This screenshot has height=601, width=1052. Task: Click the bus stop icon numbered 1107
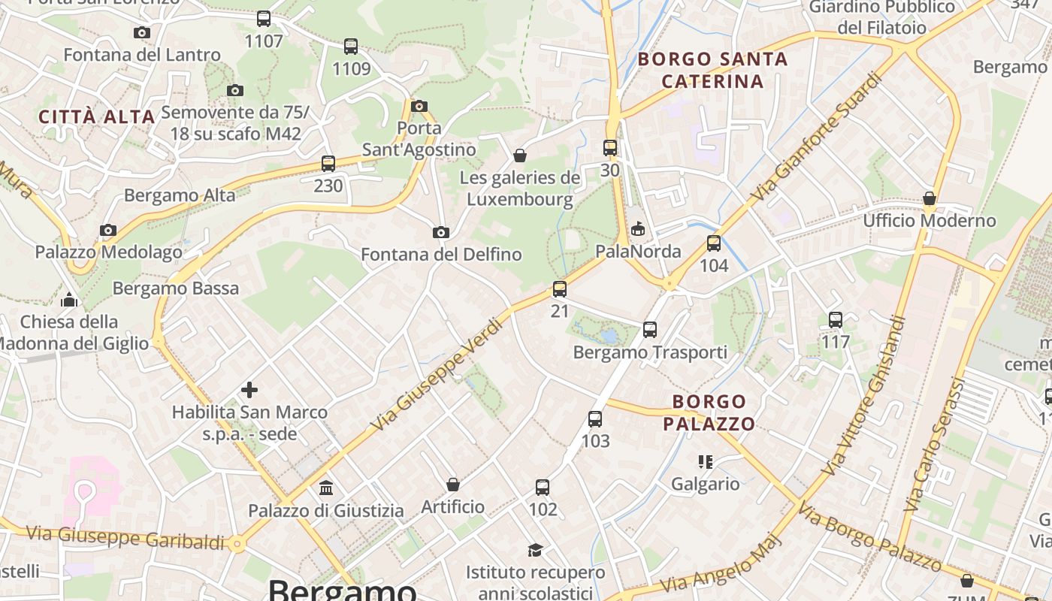point(263,19)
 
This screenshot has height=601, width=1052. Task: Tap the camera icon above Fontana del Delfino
point(441,233)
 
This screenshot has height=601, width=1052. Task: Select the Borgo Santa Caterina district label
point(712,70)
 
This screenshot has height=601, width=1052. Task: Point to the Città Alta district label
point(96,117)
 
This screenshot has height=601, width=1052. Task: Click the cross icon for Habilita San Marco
point(249,390)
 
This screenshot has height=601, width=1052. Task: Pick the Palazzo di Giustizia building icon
point(326,488)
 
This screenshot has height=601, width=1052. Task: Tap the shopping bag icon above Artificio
point(453,485)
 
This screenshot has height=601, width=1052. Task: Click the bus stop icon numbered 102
point(543,488)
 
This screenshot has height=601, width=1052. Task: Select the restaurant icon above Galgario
point(705,461)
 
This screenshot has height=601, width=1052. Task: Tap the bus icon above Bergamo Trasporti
point(650,330)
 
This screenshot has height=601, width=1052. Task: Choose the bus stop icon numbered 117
point(836,320)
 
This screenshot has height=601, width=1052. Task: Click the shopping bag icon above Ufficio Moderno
point(930,199)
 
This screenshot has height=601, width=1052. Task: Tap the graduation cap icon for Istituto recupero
point(535,550)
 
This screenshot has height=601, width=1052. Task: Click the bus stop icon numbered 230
point(328,164)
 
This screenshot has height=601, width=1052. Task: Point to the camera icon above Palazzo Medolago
point(108,230)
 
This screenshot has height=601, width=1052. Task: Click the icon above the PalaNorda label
point(638,228)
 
